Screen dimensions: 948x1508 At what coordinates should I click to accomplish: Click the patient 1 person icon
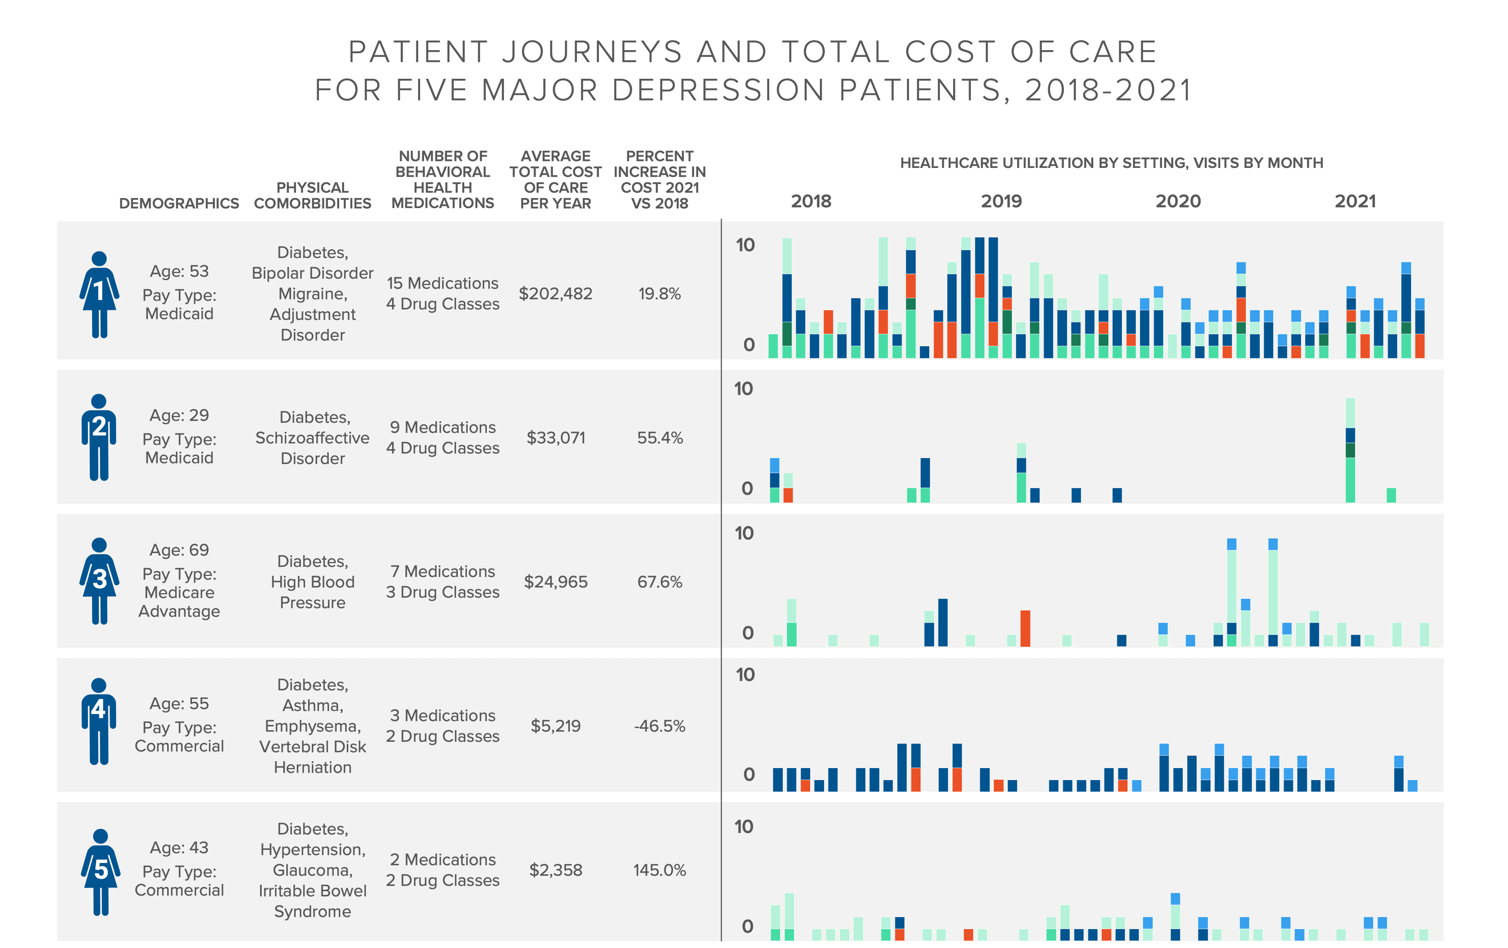(99, 294)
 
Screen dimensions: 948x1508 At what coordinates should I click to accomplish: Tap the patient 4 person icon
(99, 721)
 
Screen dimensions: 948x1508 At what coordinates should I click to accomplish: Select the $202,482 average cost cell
(555, 294)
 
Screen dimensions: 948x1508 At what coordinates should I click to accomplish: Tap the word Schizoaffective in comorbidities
(312, 438)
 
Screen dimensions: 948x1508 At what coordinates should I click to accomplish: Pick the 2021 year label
(1355, 201)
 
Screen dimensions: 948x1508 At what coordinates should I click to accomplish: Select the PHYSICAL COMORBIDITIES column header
(312, 195)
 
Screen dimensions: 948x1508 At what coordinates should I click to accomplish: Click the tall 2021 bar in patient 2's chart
(1350, 451)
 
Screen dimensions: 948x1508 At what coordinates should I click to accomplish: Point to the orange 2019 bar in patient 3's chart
(1025, 628)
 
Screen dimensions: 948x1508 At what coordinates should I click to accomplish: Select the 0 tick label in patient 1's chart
(748, 344)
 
